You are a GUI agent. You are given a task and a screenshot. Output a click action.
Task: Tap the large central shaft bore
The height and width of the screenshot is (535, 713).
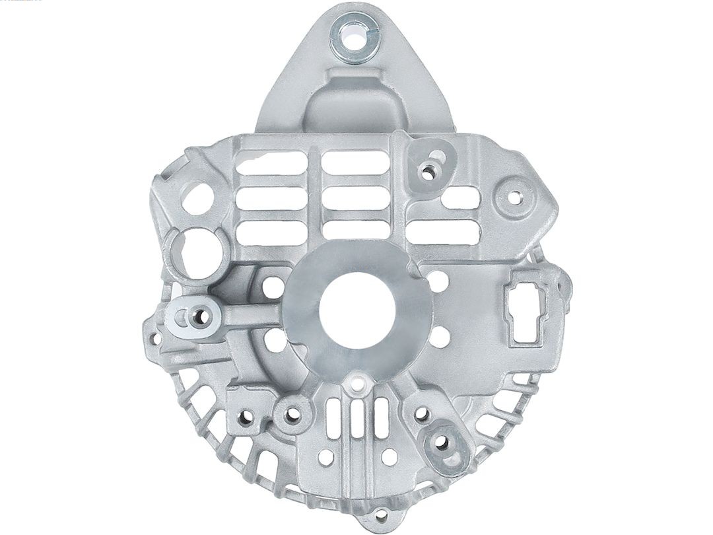pos(357,311)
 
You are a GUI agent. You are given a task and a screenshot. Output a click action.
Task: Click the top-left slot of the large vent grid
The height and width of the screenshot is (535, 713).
pos(271,162)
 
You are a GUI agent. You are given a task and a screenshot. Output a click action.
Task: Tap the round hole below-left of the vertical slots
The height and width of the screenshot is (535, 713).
pos(326,456)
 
